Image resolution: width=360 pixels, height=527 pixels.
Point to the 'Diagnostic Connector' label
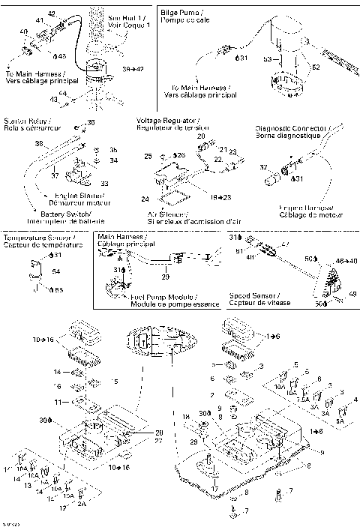[289, 127]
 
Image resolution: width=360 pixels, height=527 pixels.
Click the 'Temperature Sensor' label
[31, 238]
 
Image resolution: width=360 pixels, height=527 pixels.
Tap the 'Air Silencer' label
[165, 213]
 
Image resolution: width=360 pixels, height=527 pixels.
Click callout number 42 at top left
[51, 14]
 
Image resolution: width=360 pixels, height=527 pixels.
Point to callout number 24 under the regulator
[145, 199]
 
